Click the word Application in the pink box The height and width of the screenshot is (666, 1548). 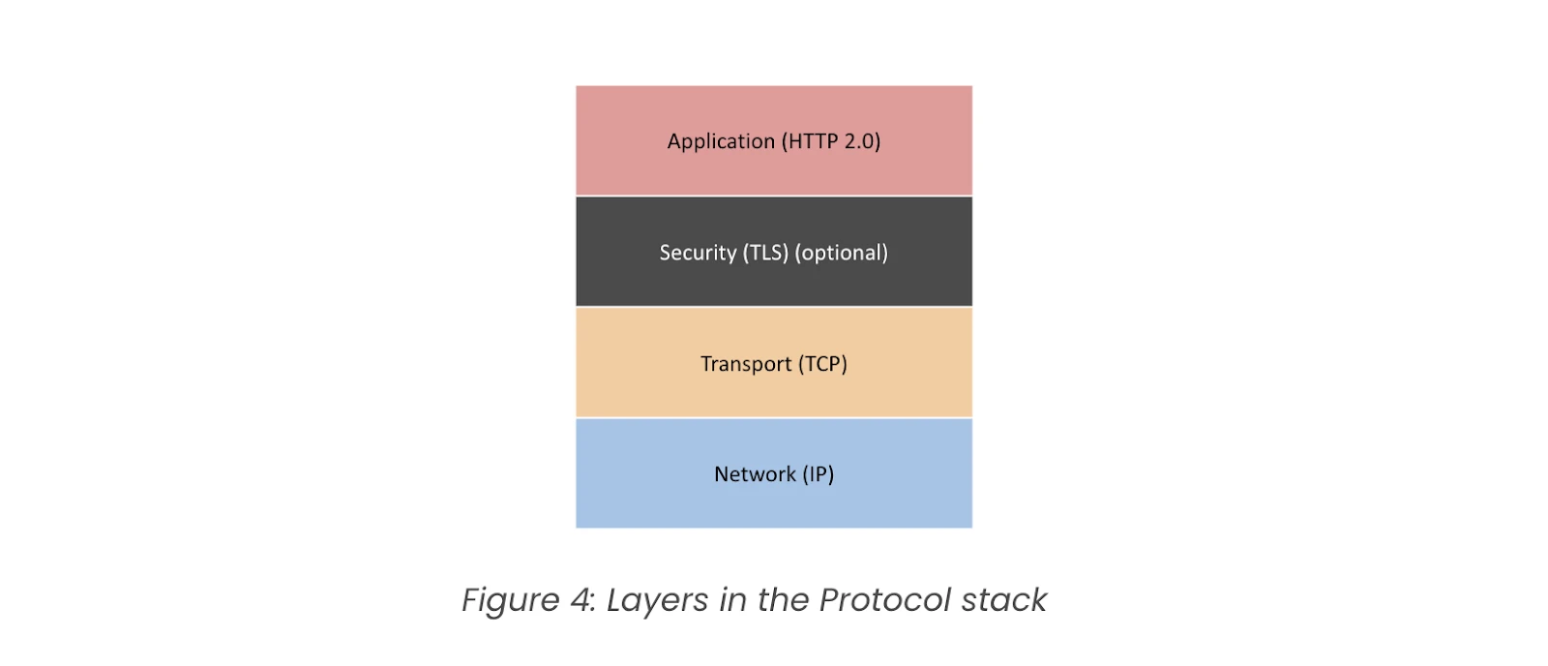click(721, 141)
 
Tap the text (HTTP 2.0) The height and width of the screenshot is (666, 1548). click(831, 141)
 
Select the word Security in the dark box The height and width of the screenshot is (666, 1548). click(698, 253)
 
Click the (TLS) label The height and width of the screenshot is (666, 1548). click(765, 253)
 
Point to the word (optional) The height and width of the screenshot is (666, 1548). click(842, 253)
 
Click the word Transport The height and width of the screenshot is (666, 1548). click(746, 364)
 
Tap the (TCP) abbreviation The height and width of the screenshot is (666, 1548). click(823, 364)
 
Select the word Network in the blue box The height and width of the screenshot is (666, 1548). click(755, 474)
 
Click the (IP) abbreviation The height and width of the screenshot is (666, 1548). click(819, 474)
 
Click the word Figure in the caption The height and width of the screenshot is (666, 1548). click(510, 600)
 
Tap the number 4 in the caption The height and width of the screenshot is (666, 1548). click(582, 599)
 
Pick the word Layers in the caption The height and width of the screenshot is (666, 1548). click(657, 600)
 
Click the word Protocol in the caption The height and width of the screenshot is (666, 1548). click(884, 599)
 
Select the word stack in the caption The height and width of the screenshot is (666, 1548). click(1004, 599)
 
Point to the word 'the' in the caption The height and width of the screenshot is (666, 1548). click(783, 599)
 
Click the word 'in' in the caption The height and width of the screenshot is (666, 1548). click(732, 599)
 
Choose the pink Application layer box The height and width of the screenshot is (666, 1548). click(774, 140)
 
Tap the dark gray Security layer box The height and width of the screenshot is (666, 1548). click(774, 252)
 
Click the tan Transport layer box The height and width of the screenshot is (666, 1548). click(774, 362)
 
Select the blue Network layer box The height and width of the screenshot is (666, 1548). click(774, 473)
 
